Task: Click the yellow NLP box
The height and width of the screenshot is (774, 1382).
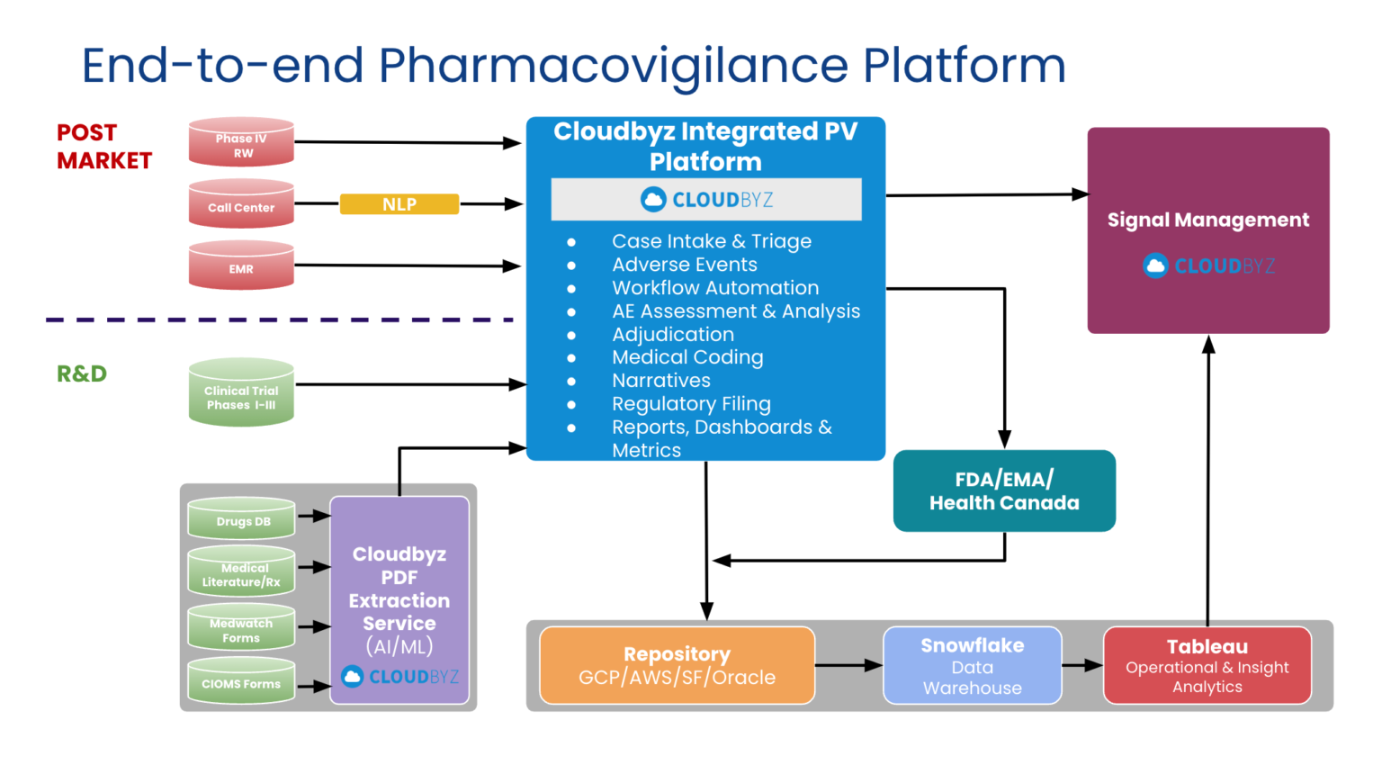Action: click(399, 204)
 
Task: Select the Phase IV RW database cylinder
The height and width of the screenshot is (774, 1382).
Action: click(241, 142)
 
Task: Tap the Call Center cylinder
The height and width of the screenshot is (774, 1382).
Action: click(241, 204)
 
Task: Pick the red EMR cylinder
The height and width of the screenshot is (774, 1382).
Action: click(241, 265)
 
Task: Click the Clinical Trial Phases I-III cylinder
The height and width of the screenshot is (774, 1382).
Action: click(241, 393)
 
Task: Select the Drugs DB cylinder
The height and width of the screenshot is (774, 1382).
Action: click(241, 519)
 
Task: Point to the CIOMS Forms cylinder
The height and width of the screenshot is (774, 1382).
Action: click(241, 682)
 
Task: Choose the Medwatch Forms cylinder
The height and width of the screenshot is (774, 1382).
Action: click(241, 628)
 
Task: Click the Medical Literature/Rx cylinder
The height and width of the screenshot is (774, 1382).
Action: click(241, 572)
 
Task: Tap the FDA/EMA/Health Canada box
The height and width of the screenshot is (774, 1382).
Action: click(1004, 491)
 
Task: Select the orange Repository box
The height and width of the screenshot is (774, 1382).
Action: click(677, 666)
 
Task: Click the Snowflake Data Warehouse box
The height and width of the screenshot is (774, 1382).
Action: click(972, 666)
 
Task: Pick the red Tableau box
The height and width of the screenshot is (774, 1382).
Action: click(1207, 666)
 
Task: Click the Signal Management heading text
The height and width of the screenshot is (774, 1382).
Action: click(1207, 220)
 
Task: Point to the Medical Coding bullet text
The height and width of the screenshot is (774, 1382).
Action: click(687, 357)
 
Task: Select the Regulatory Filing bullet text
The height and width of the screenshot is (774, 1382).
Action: click(691, 404)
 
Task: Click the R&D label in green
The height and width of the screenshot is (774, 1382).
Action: click(82, 373)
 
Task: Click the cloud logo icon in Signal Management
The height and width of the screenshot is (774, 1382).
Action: click(1155, 265)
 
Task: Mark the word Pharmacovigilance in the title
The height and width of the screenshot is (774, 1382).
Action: click(612, 66)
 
